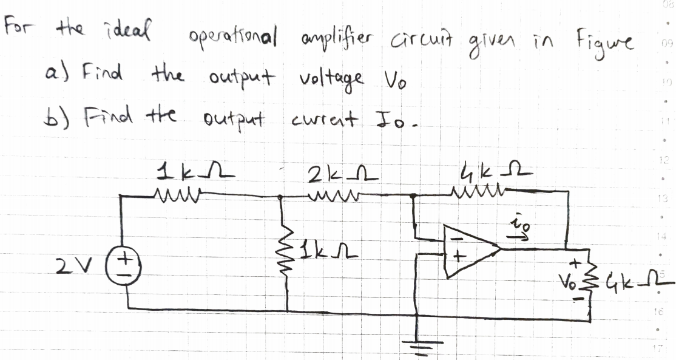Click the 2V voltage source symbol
(x=123, y=268)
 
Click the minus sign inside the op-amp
(x=453, y=238)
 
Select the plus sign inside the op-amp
(x=459, y=257)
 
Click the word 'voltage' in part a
(x=331, y=81)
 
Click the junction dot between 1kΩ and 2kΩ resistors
(x=280, y=197)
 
